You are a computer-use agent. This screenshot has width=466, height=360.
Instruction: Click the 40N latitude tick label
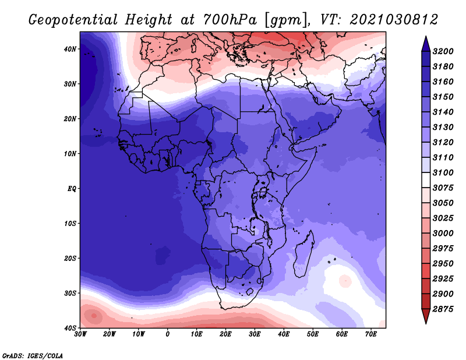(70, 49)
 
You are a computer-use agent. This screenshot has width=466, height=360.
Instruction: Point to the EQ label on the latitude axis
(70, 189)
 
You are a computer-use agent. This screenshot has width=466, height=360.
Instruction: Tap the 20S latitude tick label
(70, 258)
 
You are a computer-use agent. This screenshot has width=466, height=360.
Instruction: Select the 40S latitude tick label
(70, 327)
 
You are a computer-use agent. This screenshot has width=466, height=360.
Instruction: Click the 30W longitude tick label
(80, 334)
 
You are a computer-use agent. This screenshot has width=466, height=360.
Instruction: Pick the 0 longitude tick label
(168, 334)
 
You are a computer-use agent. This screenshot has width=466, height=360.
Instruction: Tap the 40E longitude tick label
(284, 334)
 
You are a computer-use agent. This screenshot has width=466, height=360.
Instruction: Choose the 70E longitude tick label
(370, 334)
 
